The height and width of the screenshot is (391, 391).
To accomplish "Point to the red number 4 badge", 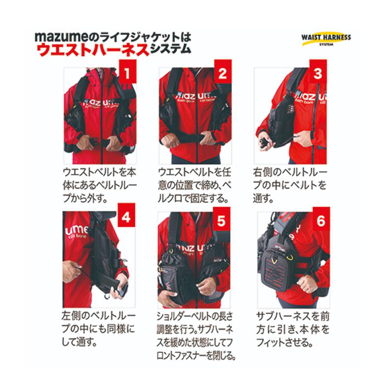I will (126, 218).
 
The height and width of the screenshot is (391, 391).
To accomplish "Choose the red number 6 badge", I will (321, 221).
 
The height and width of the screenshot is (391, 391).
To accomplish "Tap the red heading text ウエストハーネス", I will (93, 49).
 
